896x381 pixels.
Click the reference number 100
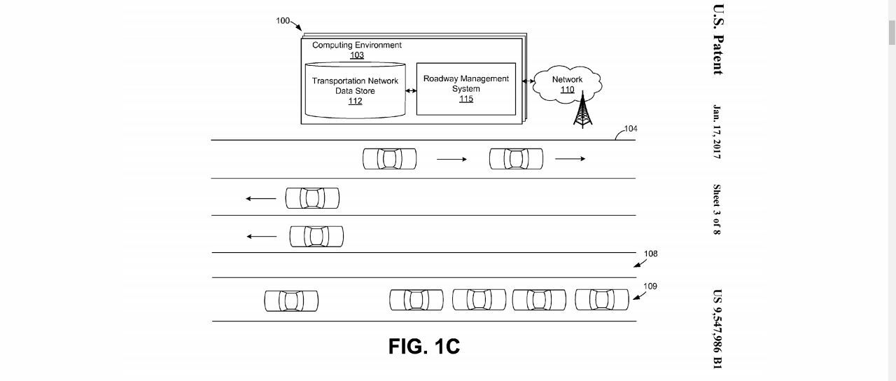283,21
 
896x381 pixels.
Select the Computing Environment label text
356,46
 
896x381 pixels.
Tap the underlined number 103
357,55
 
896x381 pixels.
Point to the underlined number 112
355,101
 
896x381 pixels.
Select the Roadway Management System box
465,89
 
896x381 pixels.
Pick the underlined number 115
466,99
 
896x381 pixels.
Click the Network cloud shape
567,84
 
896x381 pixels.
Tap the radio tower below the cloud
582,113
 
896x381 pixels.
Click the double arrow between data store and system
411,90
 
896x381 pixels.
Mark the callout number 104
631,129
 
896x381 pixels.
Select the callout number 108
651,254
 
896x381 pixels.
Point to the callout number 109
650,286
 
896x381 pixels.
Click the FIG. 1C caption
424,347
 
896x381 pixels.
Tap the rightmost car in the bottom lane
602,300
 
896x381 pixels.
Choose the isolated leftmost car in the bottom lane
291,301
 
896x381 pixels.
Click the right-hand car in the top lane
516,159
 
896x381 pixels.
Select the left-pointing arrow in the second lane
261,199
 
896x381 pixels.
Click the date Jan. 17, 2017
717,132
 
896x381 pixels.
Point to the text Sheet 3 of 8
717,209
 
